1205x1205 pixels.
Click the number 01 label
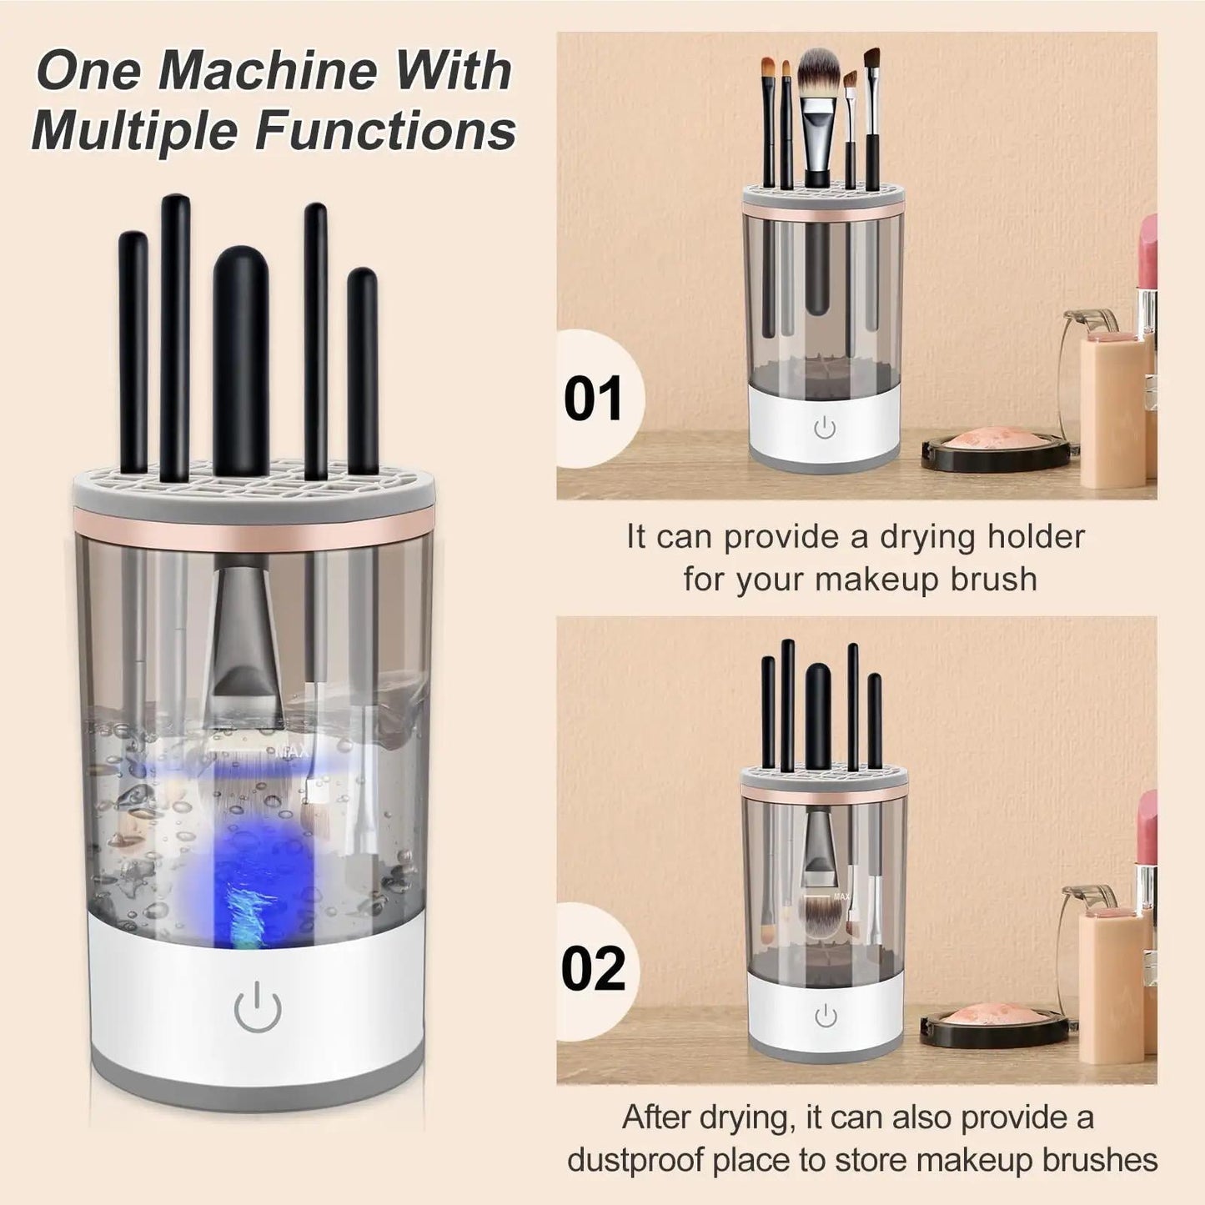click(x=594, y=399)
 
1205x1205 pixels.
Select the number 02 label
click(x=593, y=968)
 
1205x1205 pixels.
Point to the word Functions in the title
click(x=386, y=130)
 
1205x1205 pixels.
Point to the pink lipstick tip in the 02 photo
click(x=1147, y=823)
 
